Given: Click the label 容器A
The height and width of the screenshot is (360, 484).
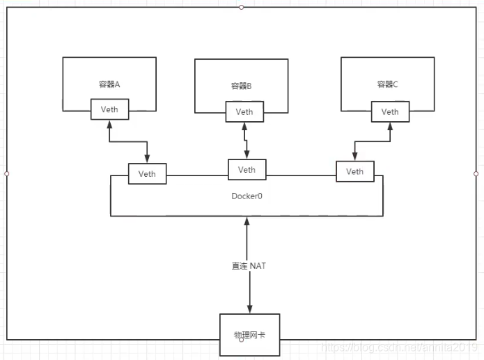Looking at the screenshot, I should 110,84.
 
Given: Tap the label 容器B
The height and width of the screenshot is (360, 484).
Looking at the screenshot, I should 241,86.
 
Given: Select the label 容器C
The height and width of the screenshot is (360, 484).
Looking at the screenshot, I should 388,84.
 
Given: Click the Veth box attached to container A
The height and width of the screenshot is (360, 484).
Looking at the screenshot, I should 110,109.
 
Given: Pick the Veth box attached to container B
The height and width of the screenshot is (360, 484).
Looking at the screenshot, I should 244,112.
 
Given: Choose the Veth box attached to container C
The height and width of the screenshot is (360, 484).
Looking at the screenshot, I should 389,111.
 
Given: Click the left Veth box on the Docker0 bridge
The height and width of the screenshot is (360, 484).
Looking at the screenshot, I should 147,173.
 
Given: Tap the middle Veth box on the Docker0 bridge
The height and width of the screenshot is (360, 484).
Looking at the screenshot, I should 247,169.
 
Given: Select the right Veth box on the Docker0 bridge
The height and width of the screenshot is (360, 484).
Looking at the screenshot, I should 354,171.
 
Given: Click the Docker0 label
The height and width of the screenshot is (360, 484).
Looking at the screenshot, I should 247,196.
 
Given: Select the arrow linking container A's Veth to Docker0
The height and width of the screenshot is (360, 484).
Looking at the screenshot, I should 130,142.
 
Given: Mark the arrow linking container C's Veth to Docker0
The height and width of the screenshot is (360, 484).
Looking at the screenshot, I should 372,142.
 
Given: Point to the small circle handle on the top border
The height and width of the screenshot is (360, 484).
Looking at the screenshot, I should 241,7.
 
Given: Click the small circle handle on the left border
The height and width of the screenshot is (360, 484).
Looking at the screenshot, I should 6,173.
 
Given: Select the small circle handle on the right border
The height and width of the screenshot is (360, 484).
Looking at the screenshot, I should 476,173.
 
